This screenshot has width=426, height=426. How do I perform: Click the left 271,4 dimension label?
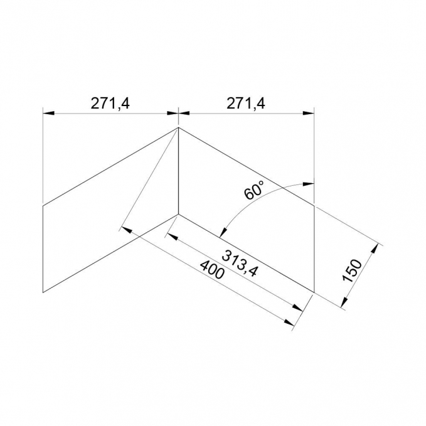(x=110, y=104)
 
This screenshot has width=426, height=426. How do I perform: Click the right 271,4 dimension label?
(x=246, y=104)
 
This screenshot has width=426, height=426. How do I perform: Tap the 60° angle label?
(x=254, y=190)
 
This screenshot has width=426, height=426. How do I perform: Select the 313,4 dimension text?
(x=240, y=264)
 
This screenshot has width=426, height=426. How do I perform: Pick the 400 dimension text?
(x=212, y=270)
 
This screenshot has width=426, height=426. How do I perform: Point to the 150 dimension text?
(x=352, y=271)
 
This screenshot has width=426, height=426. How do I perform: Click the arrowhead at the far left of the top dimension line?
(x=48, y=113)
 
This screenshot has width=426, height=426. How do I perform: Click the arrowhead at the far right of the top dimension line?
(x=309, y=113)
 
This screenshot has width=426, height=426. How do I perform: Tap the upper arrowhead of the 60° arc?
(x=309, y=184)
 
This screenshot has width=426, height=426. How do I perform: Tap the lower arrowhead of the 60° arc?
(x=223, y=232)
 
